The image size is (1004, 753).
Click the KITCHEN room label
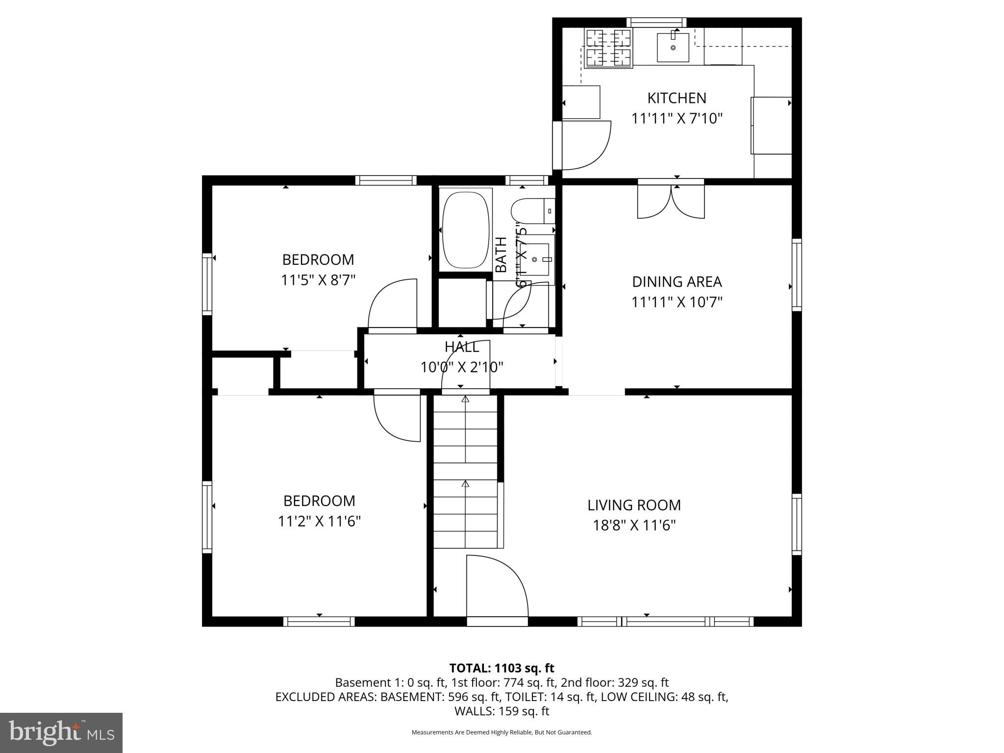[x=677, y=98]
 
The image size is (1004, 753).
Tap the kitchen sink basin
[x=673, y=48]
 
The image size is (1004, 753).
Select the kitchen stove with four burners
[x=608, y=48]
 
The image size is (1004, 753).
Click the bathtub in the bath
[x=466, y=229]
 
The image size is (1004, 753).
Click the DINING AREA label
[x=677, y=282]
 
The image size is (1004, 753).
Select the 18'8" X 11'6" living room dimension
[x=634, y=526]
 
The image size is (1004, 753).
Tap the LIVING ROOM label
[x=634, y=505]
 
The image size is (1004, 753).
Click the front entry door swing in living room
[x=495, y=586]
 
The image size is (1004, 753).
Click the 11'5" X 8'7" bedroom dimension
[x=318, y=280]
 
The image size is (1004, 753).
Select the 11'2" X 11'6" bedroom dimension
[x=319, y=521]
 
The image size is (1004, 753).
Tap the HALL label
[x=462, y=347]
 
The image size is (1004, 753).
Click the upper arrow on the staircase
[x=465, y=400]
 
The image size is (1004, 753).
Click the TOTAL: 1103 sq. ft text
[x=502, y=668]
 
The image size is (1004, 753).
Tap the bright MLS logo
[x=61, y=732]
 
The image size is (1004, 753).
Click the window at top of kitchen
[x=656, y=23]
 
